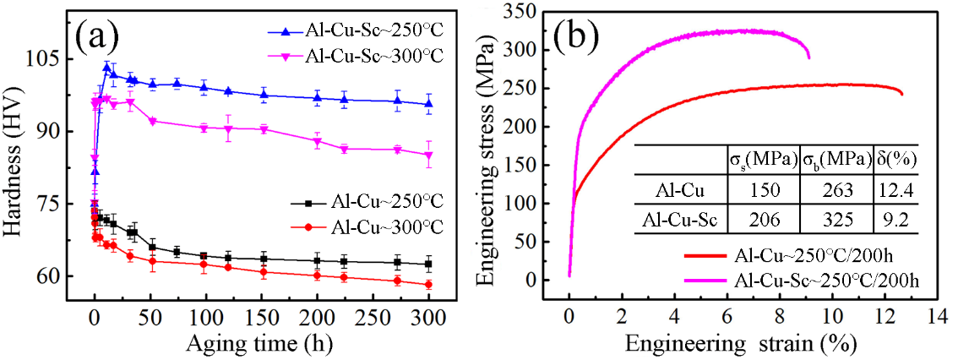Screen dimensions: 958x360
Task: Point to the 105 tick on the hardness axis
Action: [x=43, y=59]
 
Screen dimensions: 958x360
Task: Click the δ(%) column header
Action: [x=897, y=159]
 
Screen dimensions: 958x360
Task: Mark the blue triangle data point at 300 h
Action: [x=428, y=104]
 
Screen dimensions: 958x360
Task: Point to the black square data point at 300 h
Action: [x=428, y=264]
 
